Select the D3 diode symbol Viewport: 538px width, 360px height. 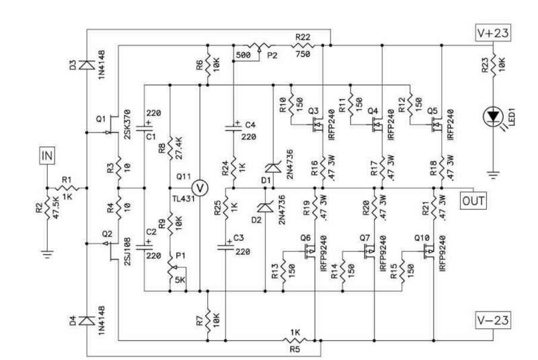click(87, 65)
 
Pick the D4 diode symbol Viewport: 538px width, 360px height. click(87, 321)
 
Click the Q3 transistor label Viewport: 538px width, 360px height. click(312, 110)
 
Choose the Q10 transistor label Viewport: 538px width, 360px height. click(422, 238)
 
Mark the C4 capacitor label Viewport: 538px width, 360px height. click(250, 125)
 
